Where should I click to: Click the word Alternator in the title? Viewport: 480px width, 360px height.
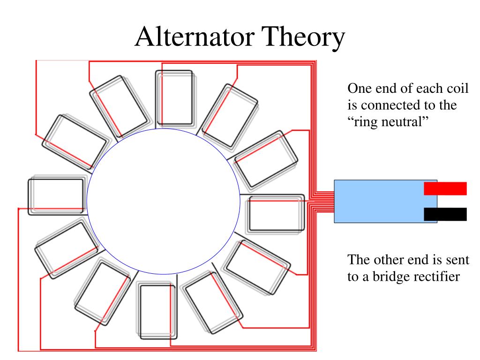195,37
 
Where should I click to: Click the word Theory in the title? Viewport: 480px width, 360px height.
303,38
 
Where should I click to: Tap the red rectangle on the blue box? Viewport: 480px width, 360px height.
445,188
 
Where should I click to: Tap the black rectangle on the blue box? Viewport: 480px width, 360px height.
445,214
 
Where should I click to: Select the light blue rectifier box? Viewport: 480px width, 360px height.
385,201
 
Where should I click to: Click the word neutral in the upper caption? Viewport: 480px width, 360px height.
404,122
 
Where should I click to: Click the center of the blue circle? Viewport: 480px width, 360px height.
164,201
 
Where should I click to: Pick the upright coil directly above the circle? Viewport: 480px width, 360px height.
175,98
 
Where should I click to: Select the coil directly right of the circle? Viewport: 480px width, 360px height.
276,214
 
